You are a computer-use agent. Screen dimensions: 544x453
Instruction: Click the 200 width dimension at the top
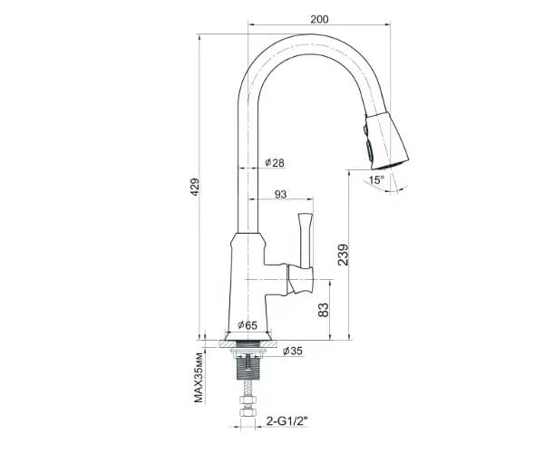(x=319, y=19)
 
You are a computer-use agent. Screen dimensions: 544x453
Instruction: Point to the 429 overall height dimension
(x=195, y=187)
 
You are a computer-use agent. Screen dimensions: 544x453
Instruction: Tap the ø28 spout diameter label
(x=275, y=162)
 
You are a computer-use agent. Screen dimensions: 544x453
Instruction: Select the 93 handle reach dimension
(x=281, y=194)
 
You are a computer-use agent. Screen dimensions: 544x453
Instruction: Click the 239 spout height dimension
(x=343, y=255)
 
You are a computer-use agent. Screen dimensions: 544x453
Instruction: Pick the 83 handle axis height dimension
(x=323, y=310)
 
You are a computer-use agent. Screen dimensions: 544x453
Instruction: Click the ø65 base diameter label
(x=248, y=325)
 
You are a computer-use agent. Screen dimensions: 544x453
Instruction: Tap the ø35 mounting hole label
(x=293, y=351)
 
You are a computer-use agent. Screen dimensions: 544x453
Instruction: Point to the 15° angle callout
(x=377, y=180)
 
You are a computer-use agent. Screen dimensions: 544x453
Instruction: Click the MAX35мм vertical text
(x=198, y=378)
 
